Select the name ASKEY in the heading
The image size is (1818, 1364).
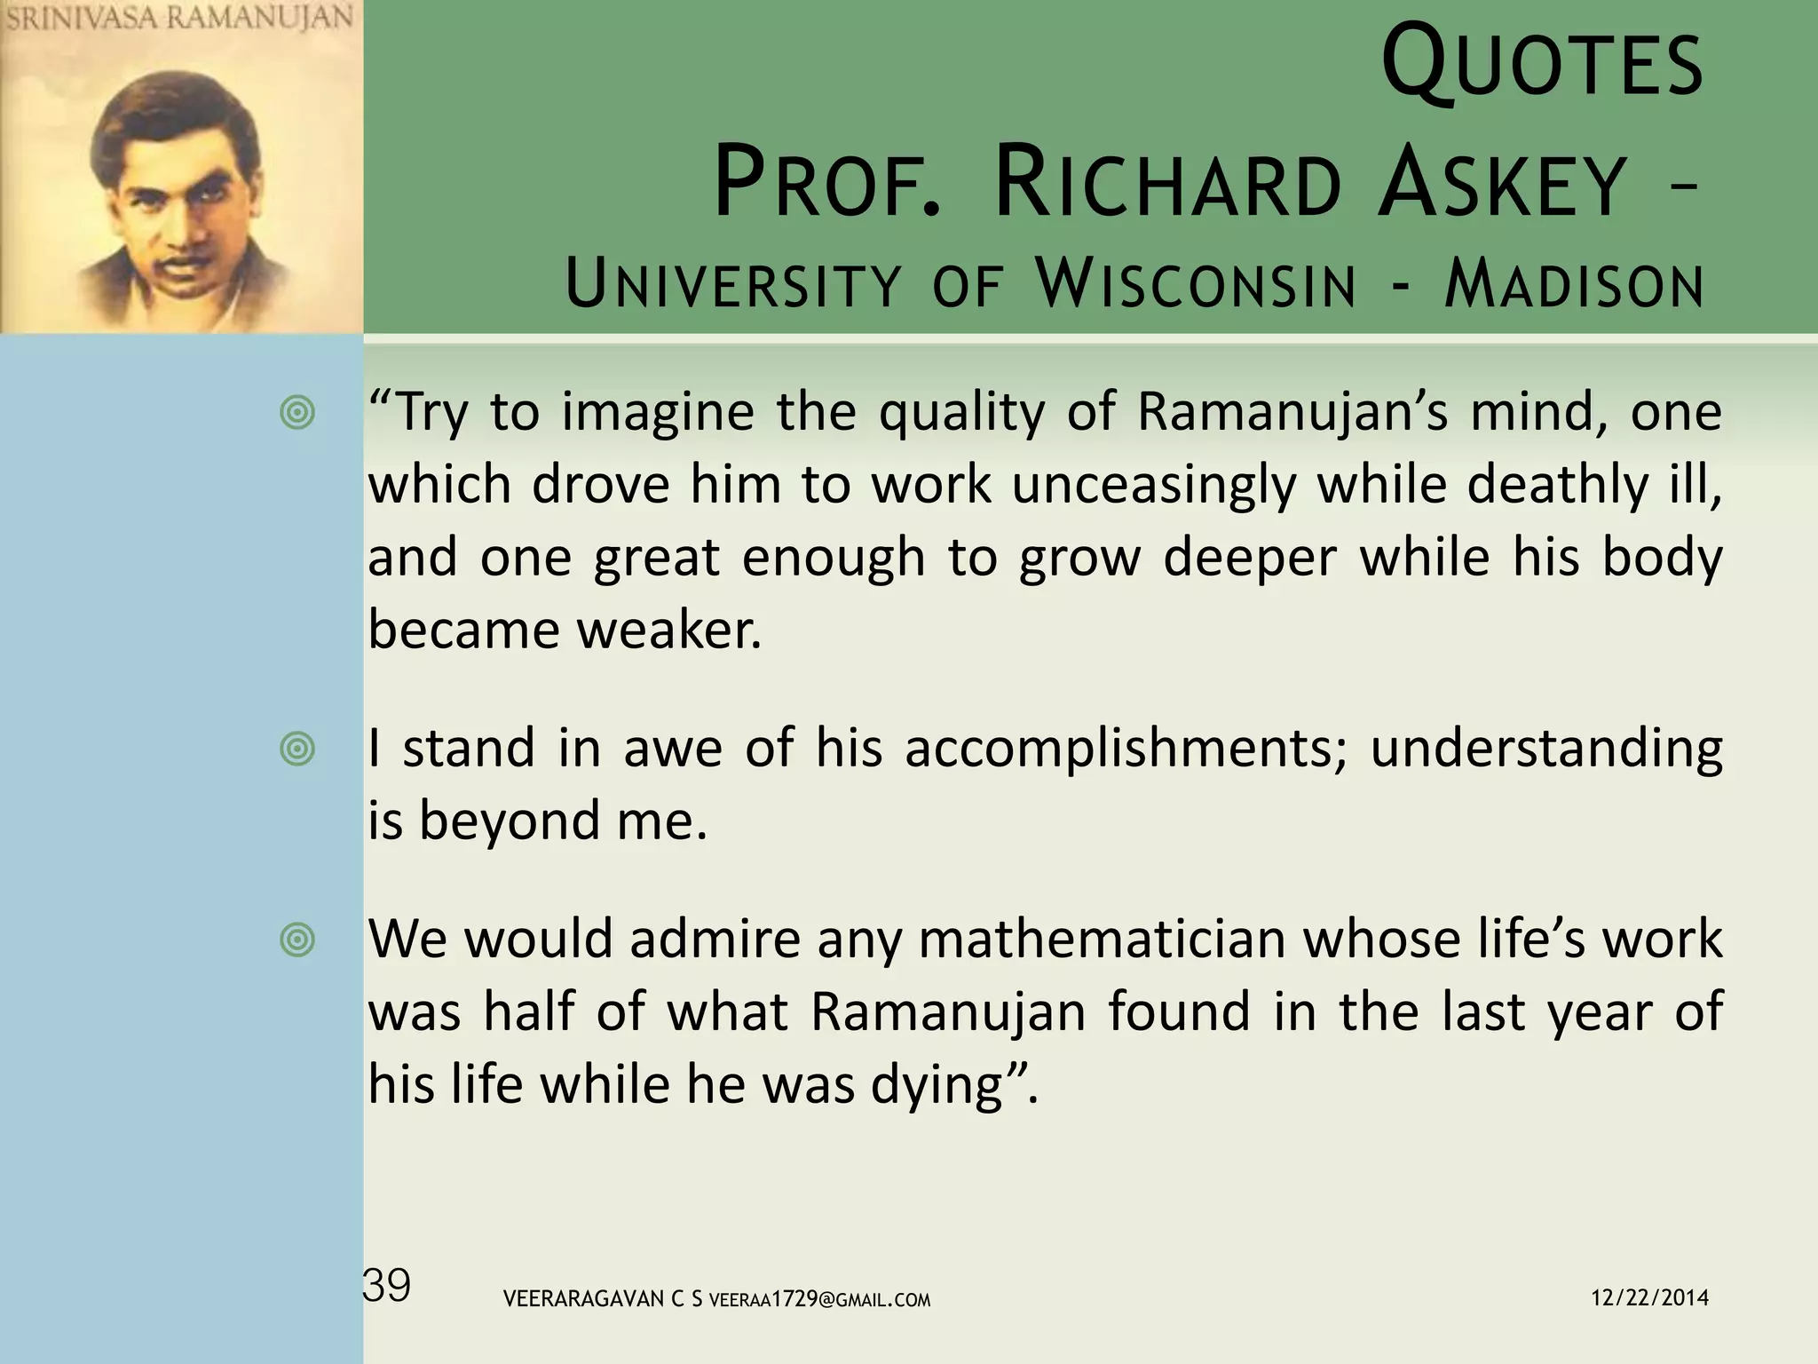coord(1502,186)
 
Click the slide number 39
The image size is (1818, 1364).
coord(387,1286)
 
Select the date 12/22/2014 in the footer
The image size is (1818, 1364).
coord(1649,1298)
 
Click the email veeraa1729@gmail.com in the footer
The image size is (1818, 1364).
coord(820,1300)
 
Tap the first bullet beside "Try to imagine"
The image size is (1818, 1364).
coord(297,413)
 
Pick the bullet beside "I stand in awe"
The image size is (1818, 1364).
coord(297,749)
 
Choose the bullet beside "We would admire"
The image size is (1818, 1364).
coord(297,940)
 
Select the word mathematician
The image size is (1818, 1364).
coord(1102,940)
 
